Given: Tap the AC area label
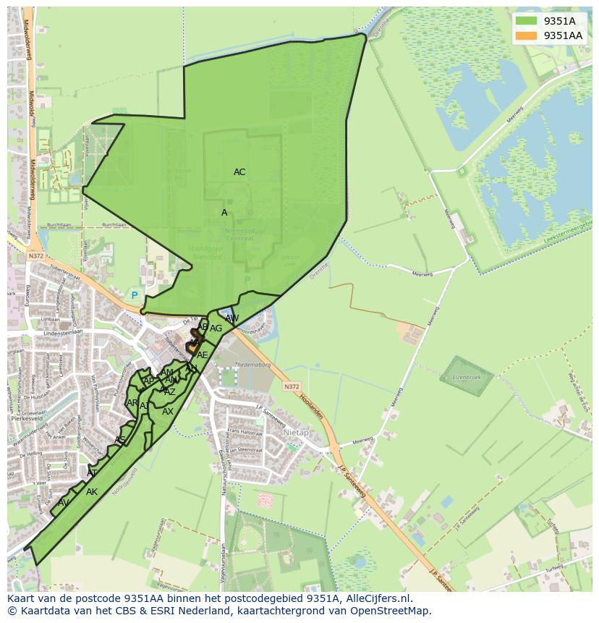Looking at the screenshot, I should (239, 172).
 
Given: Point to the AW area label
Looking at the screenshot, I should (231, 318).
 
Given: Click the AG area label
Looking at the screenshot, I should (216, 329).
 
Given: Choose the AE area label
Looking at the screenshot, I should (203, 355).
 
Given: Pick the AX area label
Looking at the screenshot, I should (168, 412).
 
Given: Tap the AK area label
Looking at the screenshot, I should (92, 492).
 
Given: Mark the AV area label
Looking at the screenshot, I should (64, 503).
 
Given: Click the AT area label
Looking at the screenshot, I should (92, 473).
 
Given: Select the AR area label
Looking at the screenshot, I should (132, 403).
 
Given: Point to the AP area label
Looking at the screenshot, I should (148, 381).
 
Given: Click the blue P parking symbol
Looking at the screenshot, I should (134, 295).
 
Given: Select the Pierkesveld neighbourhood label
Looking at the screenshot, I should (28, 418).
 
